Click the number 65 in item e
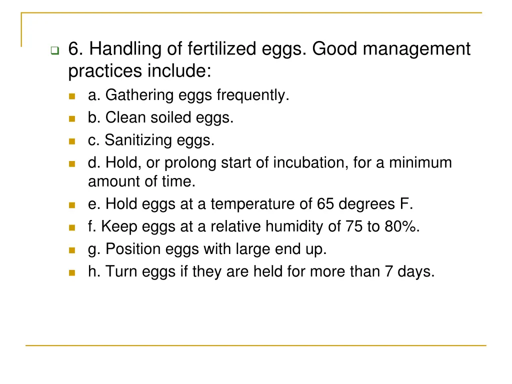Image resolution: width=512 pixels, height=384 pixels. coord(325,204)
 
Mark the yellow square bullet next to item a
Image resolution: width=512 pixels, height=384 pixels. coord(71,96)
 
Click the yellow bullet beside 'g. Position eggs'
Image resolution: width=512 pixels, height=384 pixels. coord(71,250)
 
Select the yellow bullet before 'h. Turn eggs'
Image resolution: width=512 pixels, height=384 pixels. coord(71,273)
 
